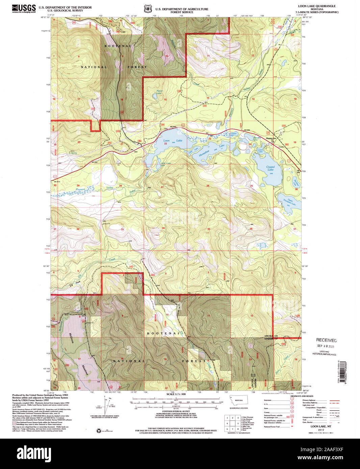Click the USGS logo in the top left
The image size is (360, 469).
point(24,8)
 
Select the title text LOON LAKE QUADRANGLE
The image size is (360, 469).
point(316,6)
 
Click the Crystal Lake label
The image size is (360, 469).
point(271,168)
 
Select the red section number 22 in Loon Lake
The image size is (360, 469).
point(165,144)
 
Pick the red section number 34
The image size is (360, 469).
point(163,228)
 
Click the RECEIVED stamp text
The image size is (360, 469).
point(326,340)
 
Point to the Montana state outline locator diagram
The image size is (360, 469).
point(238,401)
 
